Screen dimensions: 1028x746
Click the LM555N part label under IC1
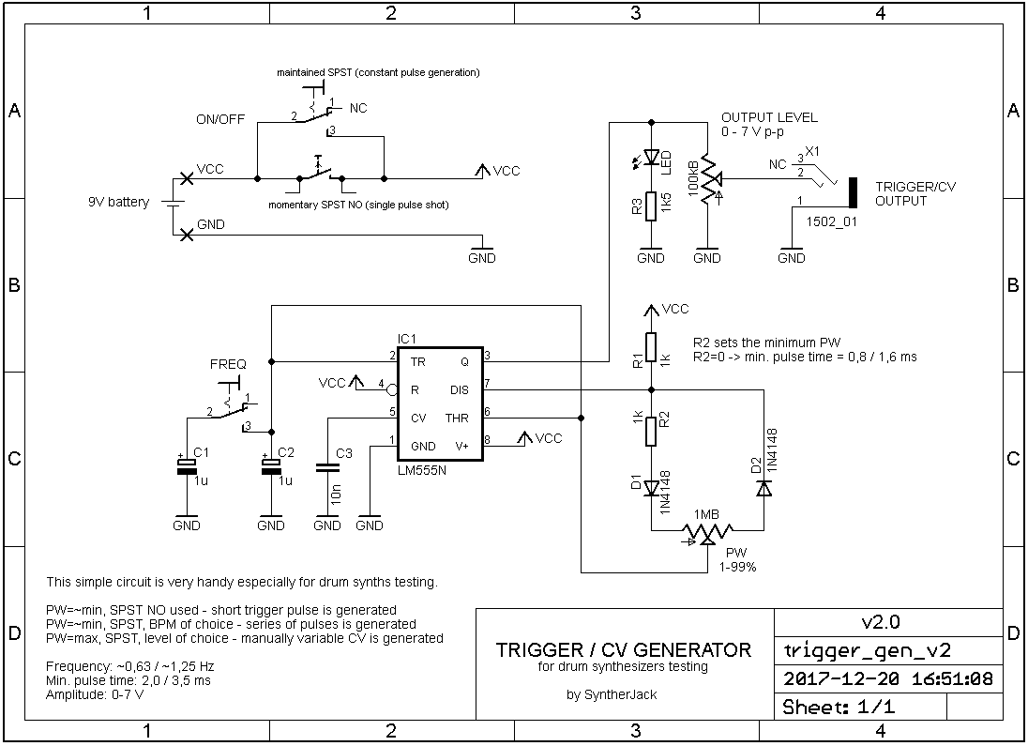421,470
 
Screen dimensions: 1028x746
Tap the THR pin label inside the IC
457,418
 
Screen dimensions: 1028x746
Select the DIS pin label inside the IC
459,389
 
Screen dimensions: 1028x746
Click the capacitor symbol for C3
327,468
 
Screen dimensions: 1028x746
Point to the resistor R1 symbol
651,347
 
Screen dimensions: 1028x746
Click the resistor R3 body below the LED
651,206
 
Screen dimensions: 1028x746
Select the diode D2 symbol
763,488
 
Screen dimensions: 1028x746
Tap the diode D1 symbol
651,488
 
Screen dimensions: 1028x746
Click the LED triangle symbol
651,157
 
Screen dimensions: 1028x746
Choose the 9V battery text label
119,202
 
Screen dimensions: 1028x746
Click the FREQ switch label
228,364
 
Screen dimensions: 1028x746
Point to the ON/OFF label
220,119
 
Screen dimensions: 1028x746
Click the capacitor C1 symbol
187,465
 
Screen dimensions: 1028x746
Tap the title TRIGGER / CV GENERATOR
624,650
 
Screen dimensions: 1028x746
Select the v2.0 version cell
881,622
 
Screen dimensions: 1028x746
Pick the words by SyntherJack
612,694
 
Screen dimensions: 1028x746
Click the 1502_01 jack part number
831,221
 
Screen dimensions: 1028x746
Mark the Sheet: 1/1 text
839,707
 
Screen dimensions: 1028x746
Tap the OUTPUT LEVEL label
770,117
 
